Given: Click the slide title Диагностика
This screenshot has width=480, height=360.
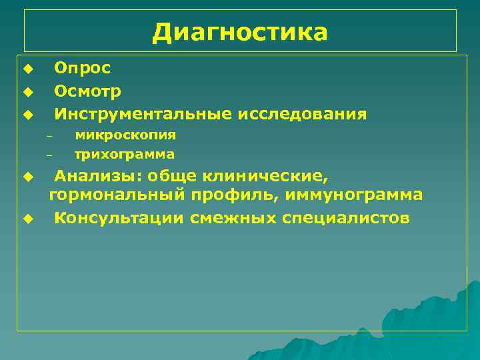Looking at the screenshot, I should click(240, 31).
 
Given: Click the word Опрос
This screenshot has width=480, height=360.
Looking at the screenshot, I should click(83, 67).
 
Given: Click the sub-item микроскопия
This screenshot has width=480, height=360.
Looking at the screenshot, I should click(125, 135).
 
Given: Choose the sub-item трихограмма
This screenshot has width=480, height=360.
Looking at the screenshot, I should click(125, 155).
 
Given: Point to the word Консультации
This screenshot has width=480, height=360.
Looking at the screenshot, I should click(119, 218).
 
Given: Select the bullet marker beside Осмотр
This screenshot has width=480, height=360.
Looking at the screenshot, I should click(27, 91).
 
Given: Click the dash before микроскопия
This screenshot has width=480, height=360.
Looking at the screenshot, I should click(49, 136).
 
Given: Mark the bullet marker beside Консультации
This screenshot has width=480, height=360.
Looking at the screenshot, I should click(27, 219).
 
